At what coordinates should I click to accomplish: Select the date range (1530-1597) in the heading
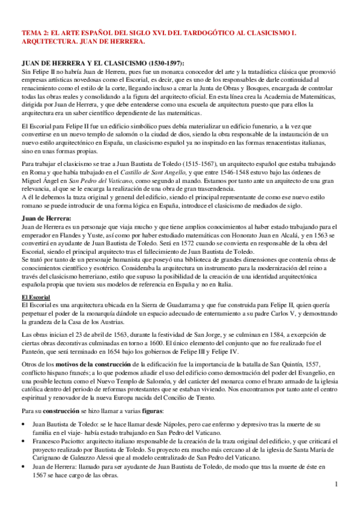pyautogui.click(x=163, y=64)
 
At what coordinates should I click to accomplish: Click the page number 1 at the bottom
pyautogui.click(x=337, y=485)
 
